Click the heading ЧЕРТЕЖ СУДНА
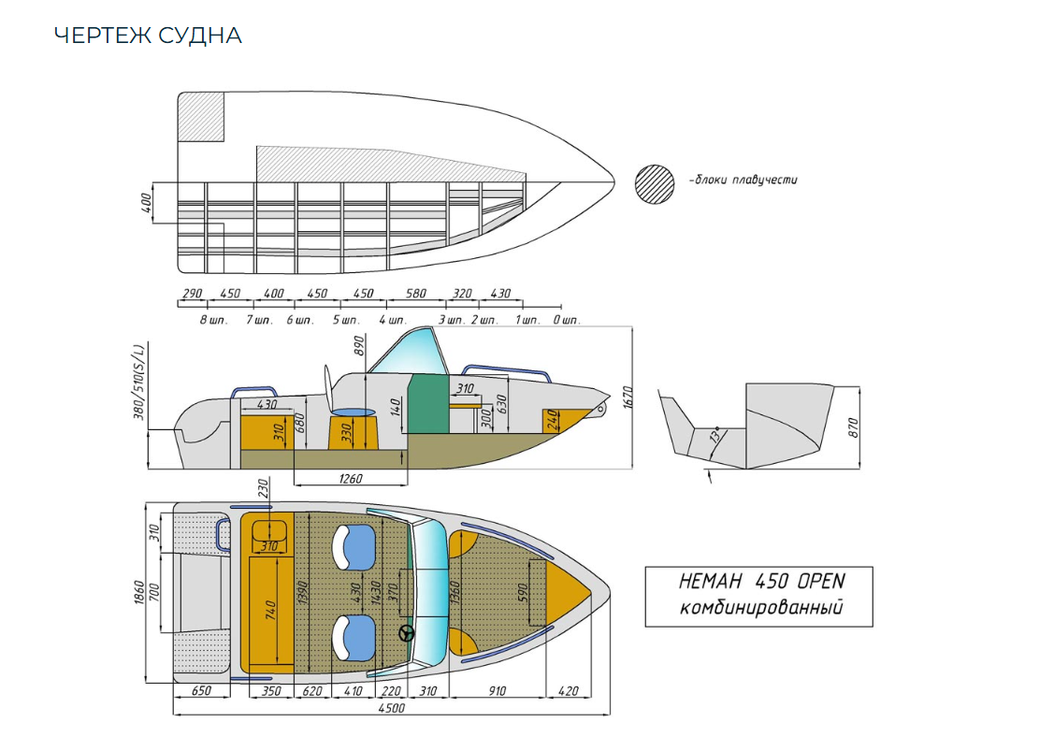pyautogui.click(x=148, y=36)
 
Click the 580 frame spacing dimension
pyautogui.click(x=416, y=294)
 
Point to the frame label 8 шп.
pyautogui.click(x=213, y=320)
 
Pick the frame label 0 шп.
pyautogui.click(x=566, y=320)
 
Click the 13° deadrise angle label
pyautogui.click(x=715, y=438)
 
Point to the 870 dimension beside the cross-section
pyautogui.click(x=853, y=426)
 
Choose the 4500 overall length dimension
pyautogui.click(x=391, y=709)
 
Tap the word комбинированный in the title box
pyautogui.click(x=759, y=609)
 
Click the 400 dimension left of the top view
pyautogui.click(x=147, y=204)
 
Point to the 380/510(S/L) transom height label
pyautogui.click(x=139, y=383)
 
